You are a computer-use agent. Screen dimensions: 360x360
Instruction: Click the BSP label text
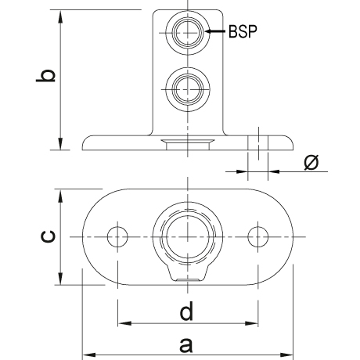coord(243,31)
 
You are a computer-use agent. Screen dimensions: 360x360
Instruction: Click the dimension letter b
coord(46,76)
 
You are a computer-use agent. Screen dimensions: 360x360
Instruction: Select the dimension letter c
coord(48,236)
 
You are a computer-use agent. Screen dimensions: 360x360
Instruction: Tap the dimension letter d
coord(186,311)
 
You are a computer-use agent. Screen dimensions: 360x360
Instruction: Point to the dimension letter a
coord(186,345)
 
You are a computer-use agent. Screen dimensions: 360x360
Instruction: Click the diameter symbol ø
coord(311,162)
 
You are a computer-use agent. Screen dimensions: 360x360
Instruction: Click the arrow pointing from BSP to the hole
coord(214,31)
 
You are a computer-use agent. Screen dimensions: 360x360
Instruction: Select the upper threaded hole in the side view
coord(188,33)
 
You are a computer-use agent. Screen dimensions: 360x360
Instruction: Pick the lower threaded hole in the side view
coord(188,89)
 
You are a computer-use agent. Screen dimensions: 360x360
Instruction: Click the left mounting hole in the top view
coord(117,237)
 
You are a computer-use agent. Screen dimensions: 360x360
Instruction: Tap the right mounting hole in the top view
coord(258,237)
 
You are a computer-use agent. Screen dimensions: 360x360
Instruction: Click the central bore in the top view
coord(188,237)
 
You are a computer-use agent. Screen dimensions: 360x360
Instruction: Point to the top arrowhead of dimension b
coord(60,16)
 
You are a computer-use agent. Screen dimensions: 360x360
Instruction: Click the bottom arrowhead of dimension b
coord(60,144)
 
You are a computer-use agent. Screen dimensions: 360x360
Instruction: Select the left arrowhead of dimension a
coord(88,355)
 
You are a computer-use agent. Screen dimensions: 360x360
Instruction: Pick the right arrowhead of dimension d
coord(252,323)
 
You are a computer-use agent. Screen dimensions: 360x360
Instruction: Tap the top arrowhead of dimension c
coord(60,196)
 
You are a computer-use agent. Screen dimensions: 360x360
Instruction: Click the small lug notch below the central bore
coord(188,273)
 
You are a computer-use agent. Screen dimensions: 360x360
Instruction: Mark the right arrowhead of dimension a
coord(287,355)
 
